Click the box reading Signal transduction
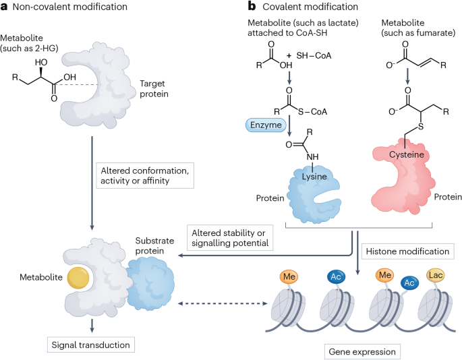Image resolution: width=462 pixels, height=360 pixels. click(91, 345)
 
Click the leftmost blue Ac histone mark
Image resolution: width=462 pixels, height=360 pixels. click(335, 276)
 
